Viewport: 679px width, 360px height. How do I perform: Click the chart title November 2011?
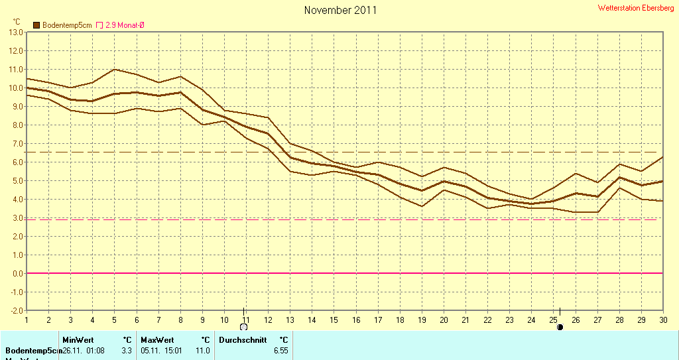pos(340,10)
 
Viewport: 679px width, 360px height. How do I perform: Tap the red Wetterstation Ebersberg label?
pos(635,8)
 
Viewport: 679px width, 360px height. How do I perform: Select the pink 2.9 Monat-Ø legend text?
pos(125,25)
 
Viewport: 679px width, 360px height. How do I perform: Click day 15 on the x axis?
pos(334,320)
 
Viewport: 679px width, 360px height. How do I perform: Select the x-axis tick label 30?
pos(662,320)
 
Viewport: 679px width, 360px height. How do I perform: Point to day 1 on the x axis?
pos(27,320)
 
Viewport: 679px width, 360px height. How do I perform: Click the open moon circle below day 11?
pos(244,327)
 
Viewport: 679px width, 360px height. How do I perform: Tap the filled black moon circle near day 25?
pos(560,327)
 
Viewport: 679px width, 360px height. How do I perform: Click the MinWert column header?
pos(78,340)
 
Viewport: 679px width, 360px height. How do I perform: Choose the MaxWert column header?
pos(157,340)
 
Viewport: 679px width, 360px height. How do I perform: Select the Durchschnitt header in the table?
pos(243,340)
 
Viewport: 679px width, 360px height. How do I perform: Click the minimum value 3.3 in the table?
pos(127,351)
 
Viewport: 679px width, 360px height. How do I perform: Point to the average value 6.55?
pos(280,351)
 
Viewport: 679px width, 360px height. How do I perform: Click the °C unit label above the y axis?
pos(17,21)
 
